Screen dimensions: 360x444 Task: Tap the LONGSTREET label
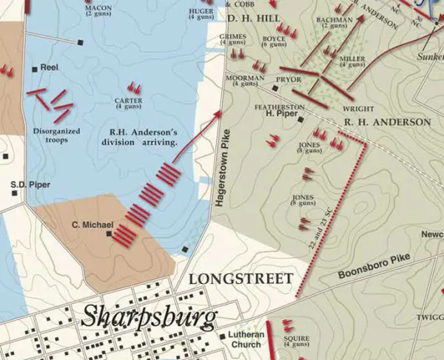click(x=240, y=278)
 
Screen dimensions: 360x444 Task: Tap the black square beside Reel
click(x=35, y=69)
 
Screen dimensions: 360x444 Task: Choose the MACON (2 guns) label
click(x=98, y=10)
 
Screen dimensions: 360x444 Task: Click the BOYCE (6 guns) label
click(x=274, y=41)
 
